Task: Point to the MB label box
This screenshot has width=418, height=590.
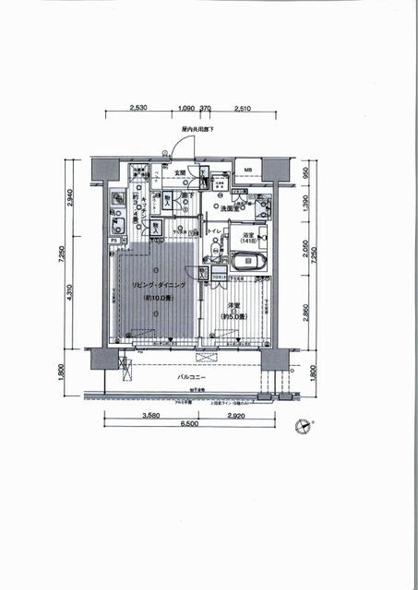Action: [247, 170]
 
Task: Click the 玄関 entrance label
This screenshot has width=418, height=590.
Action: [180, 172]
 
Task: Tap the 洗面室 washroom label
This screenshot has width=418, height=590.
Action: [231, 209]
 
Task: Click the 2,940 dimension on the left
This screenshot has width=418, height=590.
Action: [70, 197]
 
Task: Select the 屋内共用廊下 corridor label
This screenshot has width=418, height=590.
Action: [197, 130]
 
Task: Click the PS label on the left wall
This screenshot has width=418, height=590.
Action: [113, 242]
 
